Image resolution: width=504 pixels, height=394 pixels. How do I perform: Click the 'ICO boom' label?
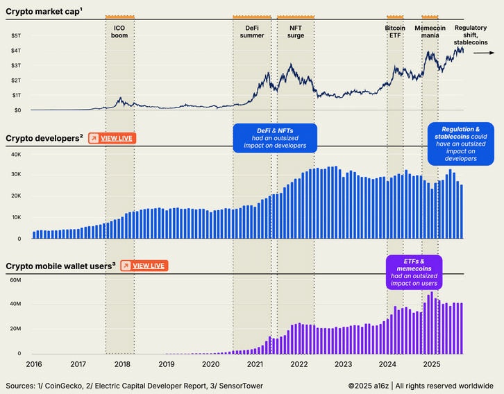pos(119,31)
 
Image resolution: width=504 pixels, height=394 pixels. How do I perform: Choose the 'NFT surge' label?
pos(295,31)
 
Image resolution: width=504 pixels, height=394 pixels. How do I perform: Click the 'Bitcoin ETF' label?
pos(395,31)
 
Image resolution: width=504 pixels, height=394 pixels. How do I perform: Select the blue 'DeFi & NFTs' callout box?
pos(274,137)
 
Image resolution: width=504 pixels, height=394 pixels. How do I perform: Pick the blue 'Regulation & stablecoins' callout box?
pos(460,144)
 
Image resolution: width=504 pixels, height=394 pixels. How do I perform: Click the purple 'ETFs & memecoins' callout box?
pos(414,272)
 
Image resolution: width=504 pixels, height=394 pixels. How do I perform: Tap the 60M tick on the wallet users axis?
pos(15,280)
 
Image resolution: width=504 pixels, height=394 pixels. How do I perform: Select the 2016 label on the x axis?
pos(33,363)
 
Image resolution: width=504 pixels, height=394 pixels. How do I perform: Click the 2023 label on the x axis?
pos(343,363)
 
